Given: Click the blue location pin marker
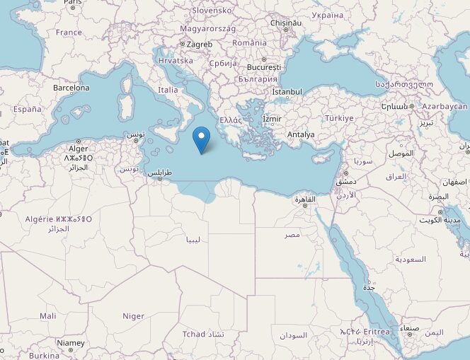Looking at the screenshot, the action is [202, 138].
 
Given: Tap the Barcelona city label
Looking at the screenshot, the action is [71, 88].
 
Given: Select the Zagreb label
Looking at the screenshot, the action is [199, 44].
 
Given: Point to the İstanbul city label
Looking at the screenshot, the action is [287, 92].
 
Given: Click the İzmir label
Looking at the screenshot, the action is [272, 118].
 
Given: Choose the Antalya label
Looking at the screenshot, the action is [301, 134].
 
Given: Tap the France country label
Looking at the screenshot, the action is [69, 33].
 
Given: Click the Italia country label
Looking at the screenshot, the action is [168, 90].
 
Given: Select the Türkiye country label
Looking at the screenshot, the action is [338, 118].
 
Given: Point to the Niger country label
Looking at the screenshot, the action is [133, 316].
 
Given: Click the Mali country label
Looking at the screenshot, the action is [48, 316].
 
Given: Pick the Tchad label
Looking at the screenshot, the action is [193, 334].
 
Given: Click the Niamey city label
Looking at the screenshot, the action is [70, 343].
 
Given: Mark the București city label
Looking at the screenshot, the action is [264, 68].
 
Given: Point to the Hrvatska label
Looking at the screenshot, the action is [176, 61].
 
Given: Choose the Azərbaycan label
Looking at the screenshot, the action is [445, 106].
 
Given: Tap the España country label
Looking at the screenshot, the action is [27, 110].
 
